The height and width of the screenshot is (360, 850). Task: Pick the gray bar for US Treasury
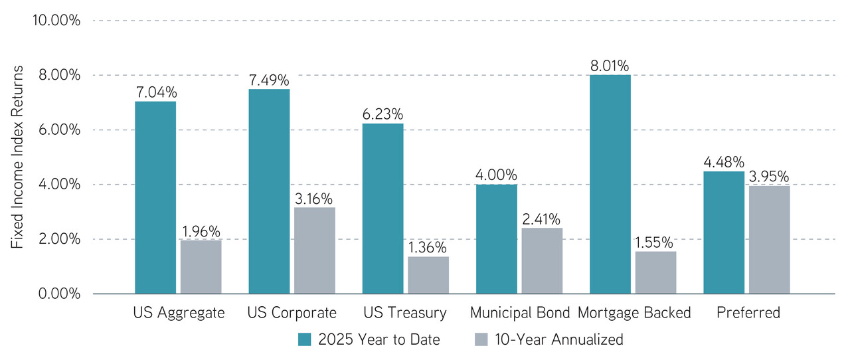pos(428,275)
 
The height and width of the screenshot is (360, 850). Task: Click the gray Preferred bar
pos(769,240)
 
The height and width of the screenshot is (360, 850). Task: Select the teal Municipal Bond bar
pos(497,239)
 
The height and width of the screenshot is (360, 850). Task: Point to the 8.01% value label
pos(610,66)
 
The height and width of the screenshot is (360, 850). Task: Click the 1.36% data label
pos(428,248)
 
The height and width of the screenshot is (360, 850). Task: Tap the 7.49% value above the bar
pos(269,80)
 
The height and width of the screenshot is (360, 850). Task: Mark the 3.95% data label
pos(769,177)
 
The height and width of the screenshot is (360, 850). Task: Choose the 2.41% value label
pos(542,219)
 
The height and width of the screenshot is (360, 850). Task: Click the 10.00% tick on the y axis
pos(56,21)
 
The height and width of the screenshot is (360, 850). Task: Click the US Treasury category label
pos(406,313)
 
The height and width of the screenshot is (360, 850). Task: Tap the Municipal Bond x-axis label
pos(519,313)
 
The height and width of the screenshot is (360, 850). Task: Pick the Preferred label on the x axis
pos(747,313)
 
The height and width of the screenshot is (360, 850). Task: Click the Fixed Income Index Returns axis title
pos(18,157)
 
